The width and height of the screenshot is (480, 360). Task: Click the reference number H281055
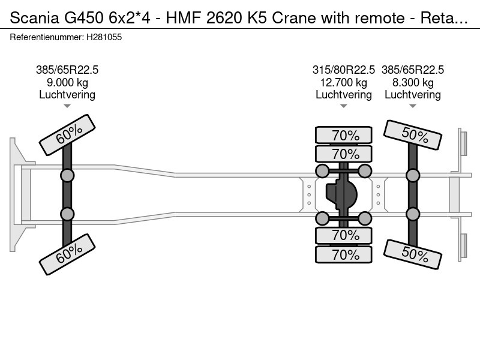click(104, 37)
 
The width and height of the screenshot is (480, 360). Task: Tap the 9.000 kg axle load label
click(67, 83)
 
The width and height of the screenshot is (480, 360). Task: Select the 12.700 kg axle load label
click(343, 83)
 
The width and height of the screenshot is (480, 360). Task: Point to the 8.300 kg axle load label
click(413, 83)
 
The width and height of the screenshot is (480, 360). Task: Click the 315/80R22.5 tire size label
click(343, 70)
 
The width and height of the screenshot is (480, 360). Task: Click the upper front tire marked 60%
click(67, 134)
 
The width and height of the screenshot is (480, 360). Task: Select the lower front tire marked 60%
click(67, 254)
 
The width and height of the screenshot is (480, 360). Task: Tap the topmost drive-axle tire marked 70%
click(344, 135)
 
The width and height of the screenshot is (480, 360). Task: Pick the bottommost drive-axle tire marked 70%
click(344, 254)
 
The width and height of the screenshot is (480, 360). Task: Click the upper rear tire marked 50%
click(413, 134)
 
